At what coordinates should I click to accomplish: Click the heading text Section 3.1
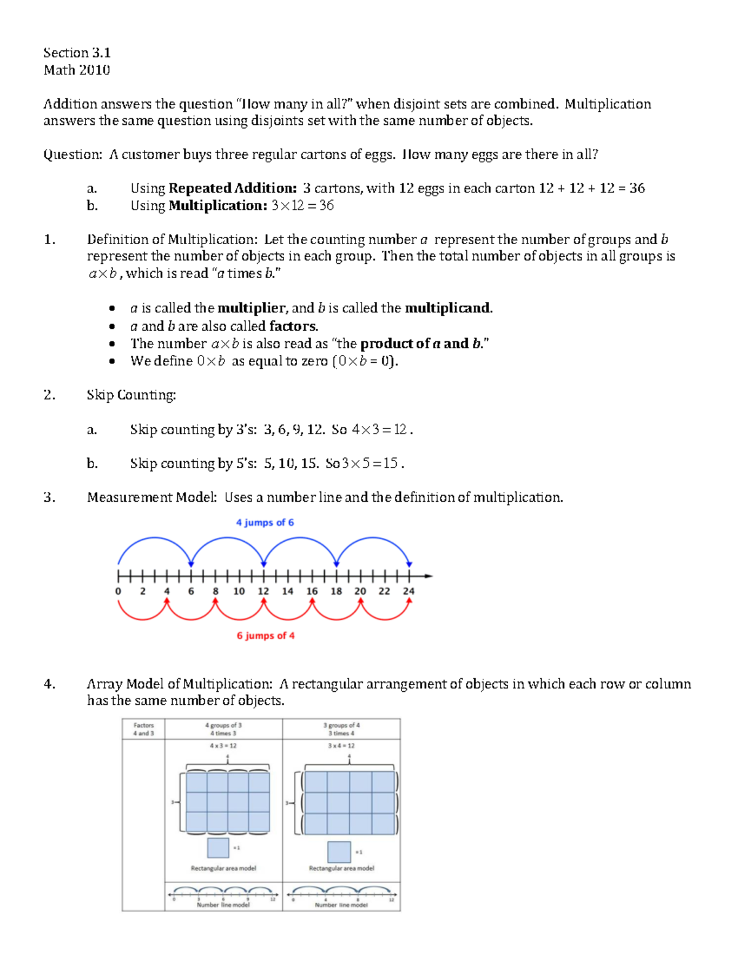pyautogui.click(x=77, y=53)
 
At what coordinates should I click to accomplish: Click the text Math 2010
pyautogui.click(x=77, y=70)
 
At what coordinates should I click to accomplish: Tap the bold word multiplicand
pyautogui.click(x=448, y=308)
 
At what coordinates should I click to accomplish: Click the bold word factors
pyautogui.click(x=293, y=326)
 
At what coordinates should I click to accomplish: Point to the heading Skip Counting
pyautogui.click(x=131, y=395)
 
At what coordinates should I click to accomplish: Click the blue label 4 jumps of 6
pyautogui.click(x=265, y=523)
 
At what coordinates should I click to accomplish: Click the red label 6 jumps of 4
pyautogui.click(x=266, y=636)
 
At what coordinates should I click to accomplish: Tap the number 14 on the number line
pyautogui.click(x=287, y=592)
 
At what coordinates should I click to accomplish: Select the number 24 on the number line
pyautogui.click(x=408, y=592)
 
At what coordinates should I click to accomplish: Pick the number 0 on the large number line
pyautogui.click(x=118, y=592)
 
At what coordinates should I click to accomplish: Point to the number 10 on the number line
pyautogui.click(x=239, y=592)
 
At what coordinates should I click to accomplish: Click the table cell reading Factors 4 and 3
pyautogui.click(x=143, y=729)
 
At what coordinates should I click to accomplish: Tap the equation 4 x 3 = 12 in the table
pyautogui.click(x=223, y=746)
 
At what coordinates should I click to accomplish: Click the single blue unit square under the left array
pyautogui.click(x=218, y=848)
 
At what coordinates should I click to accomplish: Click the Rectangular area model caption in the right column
pyautogui.click(x=341, y=868)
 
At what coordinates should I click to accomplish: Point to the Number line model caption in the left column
pyautogui.click(x=223, y=905)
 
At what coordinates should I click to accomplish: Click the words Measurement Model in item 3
pyautogui.click(x=151, y=497)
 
